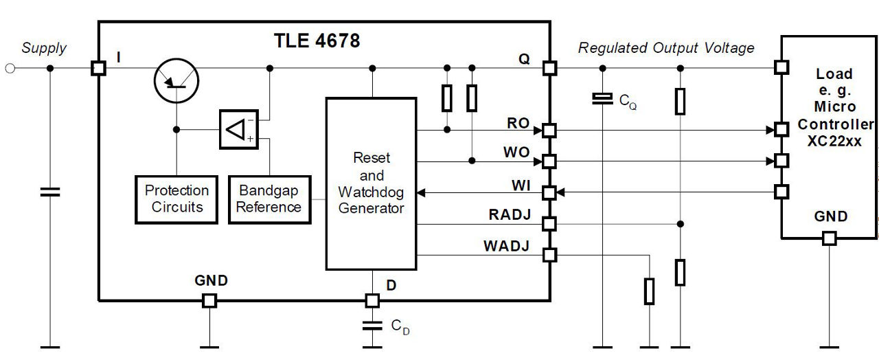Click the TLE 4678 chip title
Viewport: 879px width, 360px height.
[x=317, y=41]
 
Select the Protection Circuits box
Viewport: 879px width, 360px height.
[x=176, y=199]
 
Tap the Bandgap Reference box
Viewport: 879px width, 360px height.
[x=269, y=199]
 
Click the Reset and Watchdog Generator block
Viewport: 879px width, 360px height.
[x=371, y=183]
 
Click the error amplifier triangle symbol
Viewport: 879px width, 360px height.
[x=237, y=129]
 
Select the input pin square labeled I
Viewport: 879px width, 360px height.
[x=98, y=68]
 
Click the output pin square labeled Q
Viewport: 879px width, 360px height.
[x=549, y=68]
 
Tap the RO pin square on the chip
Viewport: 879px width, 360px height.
[x=549, y=130]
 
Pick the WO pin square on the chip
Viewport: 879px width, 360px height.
[x=549, y=161]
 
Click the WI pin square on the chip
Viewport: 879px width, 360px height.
[x=549, y=192]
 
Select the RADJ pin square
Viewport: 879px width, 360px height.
[x=549, y=223]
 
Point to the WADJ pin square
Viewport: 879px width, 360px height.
[x=549, y=255]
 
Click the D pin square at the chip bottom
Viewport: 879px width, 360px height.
[x=372, y=300]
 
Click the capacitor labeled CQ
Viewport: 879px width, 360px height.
[x=602, y=100]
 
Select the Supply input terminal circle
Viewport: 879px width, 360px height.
[x=10, y=68]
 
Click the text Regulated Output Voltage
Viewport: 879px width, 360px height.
[x=665, y=48]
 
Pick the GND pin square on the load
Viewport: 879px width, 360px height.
[x=830, y=238]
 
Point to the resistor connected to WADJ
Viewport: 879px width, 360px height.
[x=649, y=291]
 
